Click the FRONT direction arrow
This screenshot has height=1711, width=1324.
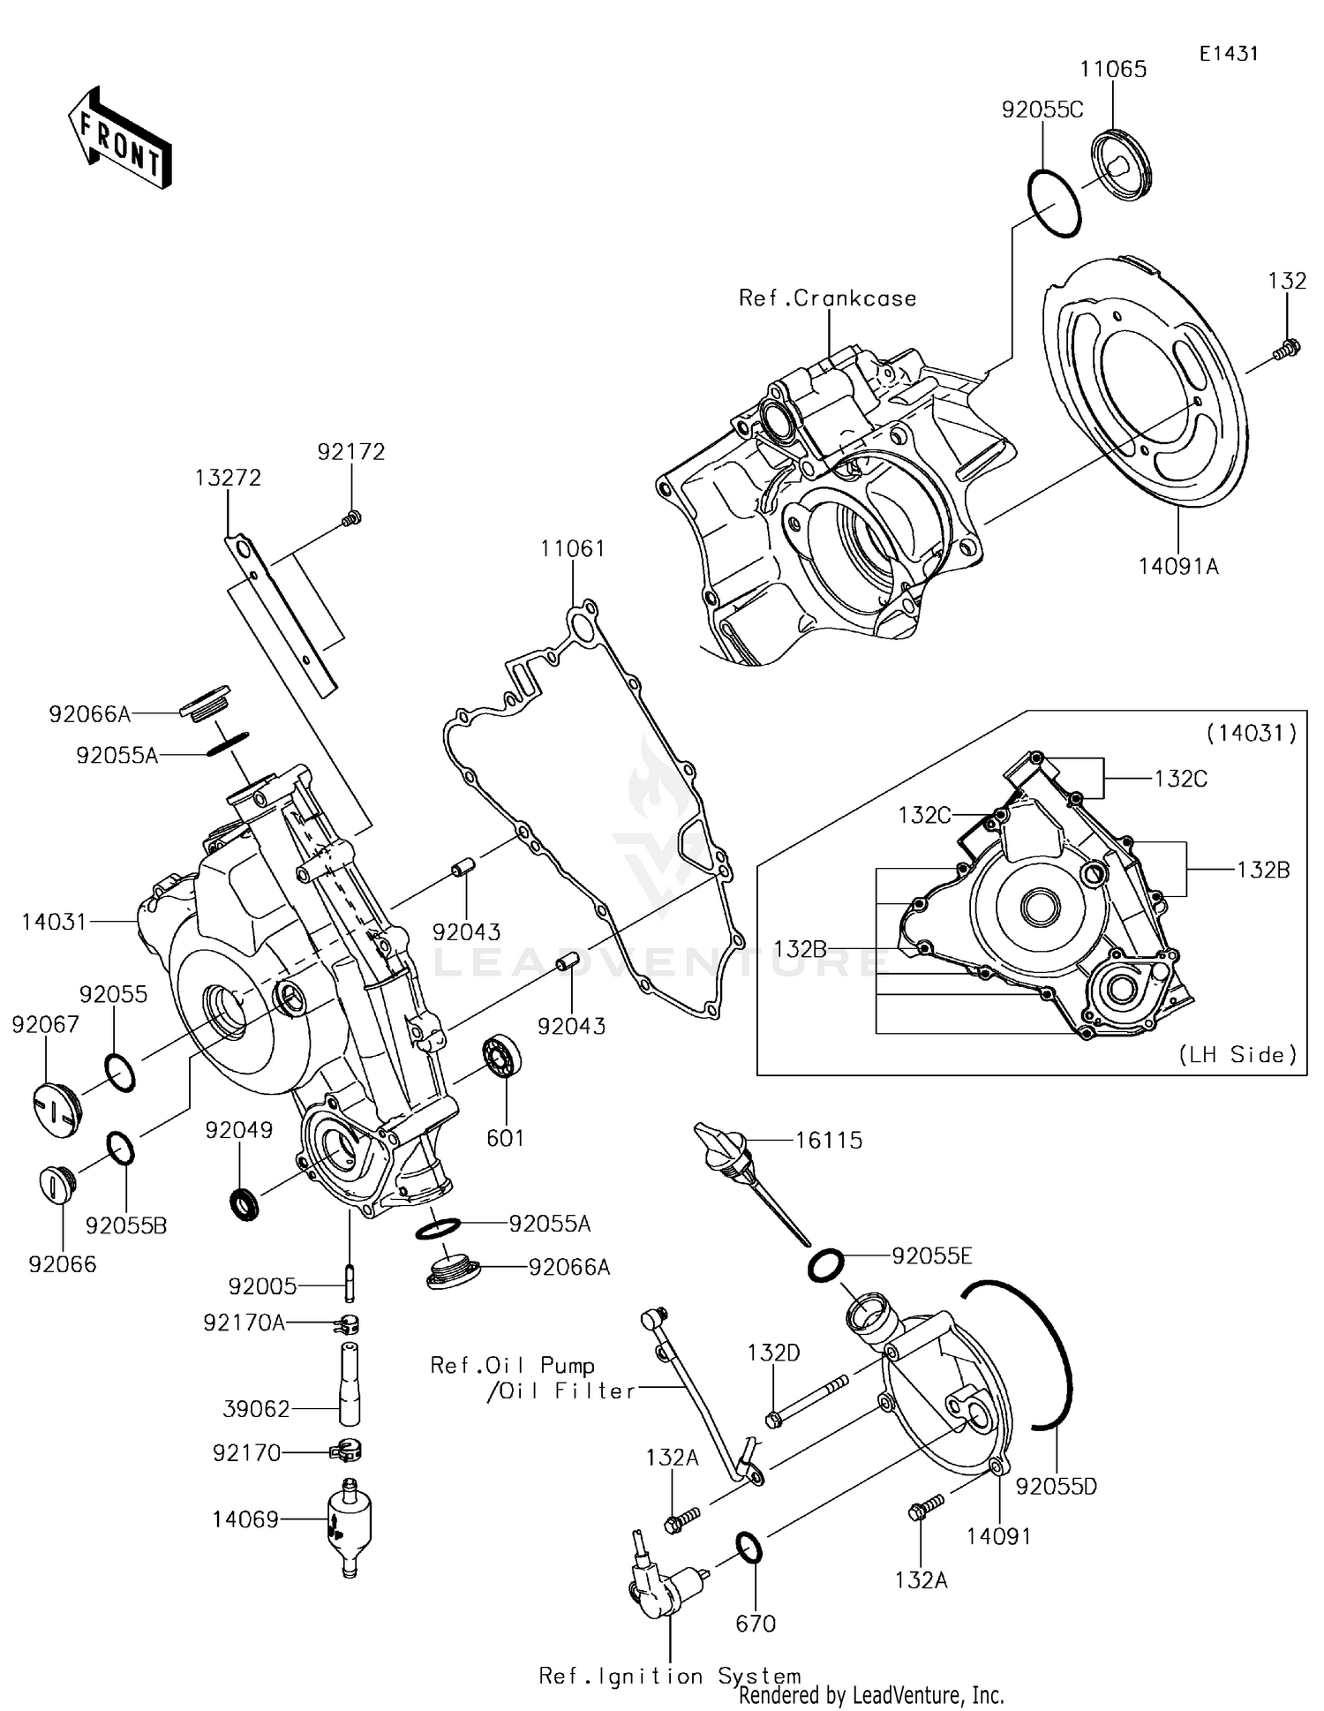119,139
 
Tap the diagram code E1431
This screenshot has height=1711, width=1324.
1228,54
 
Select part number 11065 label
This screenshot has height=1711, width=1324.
1114,70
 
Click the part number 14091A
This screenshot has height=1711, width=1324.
1177,566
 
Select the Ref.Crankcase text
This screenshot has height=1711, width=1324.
827,298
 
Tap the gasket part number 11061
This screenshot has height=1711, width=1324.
573,548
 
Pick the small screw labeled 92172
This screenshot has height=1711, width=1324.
351,518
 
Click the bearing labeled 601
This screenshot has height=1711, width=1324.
501,1055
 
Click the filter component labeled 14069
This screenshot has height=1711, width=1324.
349,1521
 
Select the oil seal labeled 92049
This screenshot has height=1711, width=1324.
244,1203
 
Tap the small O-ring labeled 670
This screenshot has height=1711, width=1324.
749,1547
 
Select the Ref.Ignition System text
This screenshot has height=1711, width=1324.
669,1676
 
